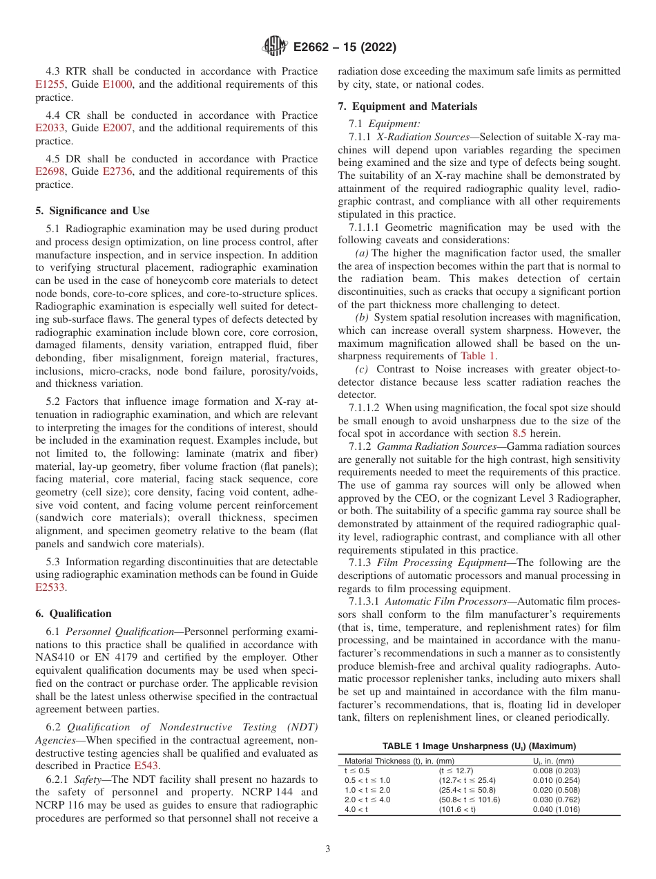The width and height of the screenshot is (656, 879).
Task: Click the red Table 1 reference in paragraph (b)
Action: pyautogui.click(x=478, y=356)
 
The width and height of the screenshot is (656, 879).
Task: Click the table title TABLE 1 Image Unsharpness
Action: pyautogui.click(x=479, y=746)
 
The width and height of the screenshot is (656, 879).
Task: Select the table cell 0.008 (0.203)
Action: pyautogui.click(x=556, y=770)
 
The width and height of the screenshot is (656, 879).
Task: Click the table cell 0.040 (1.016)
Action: pyautogui.click(x=556, y=809)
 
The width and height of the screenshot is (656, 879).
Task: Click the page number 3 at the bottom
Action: pyautogui.click(x=327, y=849)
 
